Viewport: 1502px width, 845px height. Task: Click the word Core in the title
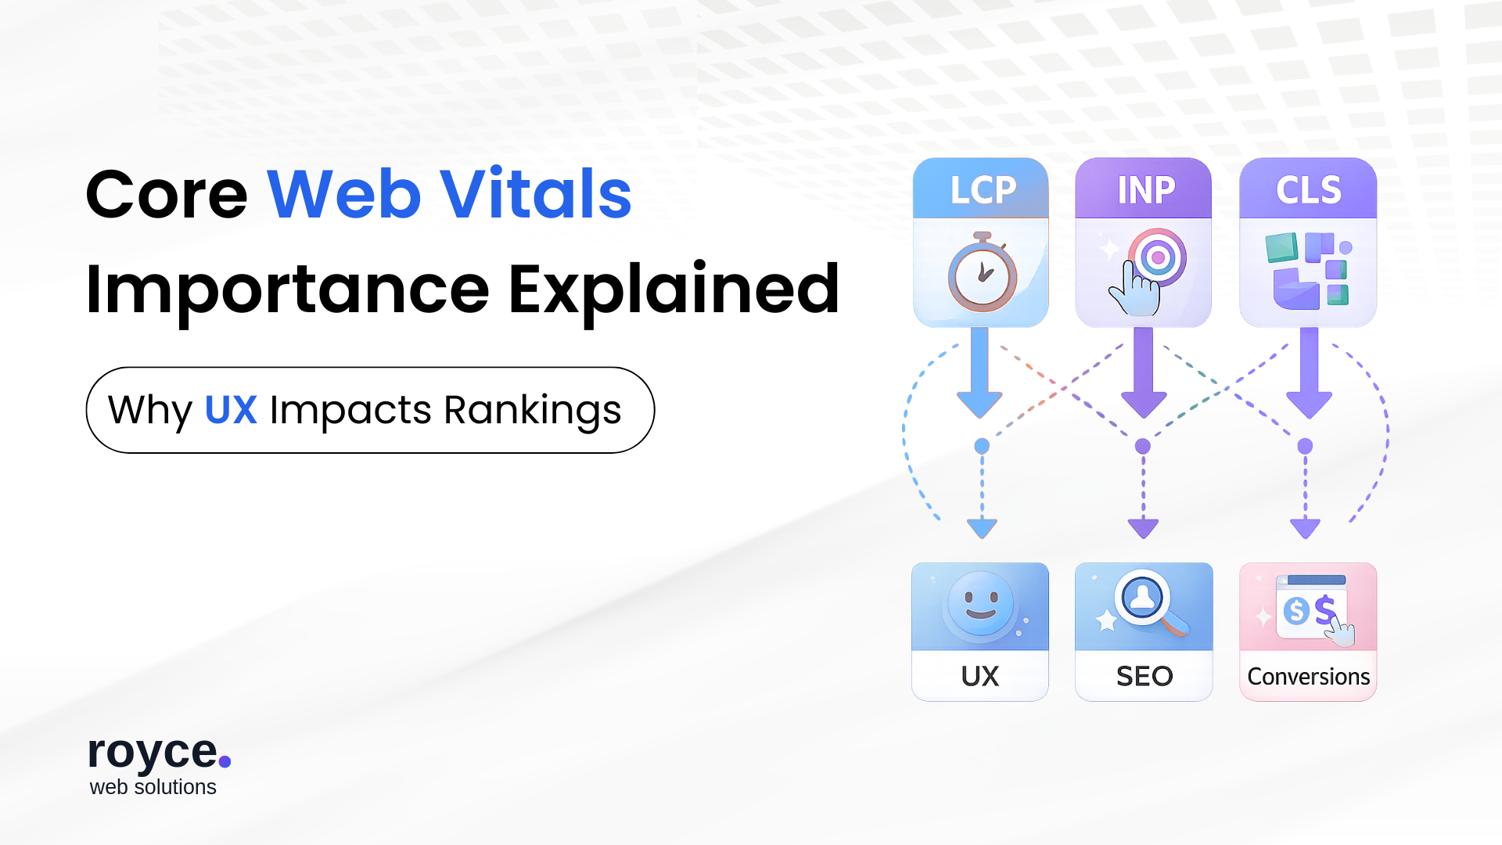(167, 194)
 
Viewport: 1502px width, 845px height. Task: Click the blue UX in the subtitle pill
(231, 410)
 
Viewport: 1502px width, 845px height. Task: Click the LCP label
(983, 190)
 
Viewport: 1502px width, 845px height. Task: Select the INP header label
(1146, 190)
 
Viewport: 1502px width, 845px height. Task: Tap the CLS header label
(1309, 190)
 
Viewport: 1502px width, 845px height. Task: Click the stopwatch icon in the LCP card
(983, 271)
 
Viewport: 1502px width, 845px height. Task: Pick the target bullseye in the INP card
(1158, 257)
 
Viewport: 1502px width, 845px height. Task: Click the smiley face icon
(980, 605)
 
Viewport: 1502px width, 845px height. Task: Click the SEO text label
(1144, 676)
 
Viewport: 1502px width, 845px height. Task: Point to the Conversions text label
(1308, 677)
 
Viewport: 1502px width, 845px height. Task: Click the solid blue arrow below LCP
(979, 373)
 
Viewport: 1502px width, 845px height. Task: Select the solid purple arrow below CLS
(1309, 373)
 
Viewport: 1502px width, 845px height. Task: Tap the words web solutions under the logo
(153, 787)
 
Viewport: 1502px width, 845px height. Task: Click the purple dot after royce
(225, 760)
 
